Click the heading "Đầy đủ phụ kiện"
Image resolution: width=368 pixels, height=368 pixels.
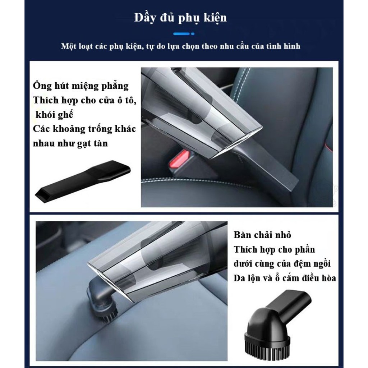click(x=180, y=18)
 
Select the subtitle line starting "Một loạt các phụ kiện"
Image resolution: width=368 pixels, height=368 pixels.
click(x=180, y=46)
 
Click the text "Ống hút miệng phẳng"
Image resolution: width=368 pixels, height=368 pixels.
click(x=81, y=86)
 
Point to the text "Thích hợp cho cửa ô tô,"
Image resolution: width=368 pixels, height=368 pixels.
click(x=85, y=101)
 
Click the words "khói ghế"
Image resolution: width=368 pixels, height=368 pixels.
click(x=54, y=115)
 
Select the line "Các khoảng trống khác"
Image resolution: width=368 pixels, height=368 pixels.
click(x=84, y=129)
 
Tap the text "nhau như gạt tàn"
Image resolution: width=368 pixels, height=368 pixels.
click(x=70, y=143)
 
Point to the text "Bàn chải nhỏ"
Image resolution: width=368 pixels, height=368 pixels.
click(x=262, y=235)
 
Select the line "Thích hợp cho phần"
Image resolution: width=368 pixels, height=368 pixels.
click(x=274, y=250)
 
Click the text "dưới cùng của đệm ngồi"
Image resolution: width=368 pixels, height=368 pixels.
click(x=282, y=264)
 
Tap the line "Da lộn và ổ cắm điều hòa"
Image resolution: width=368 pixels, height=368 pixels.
click(x=285, y=278)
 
